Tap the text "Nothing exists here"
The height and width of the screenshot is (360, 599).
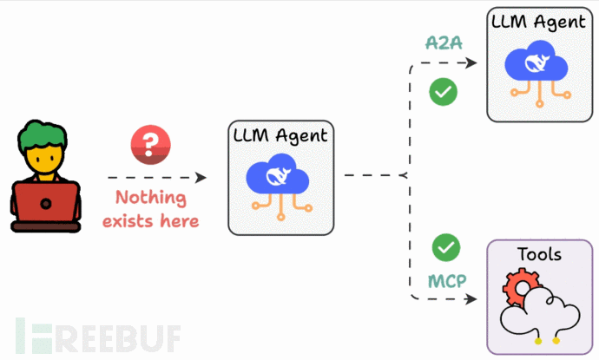[x=150, y=208]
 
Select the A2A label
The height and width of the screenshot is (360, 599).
[x=443, y=43]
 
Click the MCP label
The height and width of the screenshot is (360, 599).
[x=447, y=281]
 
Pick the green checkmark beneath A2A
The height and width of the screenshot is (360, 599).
[x=444, y=92]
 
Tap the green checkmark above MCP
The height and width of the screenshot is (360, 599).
[x=446, y=248]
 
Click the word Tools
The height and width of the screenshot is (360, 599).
[x=539, y=254]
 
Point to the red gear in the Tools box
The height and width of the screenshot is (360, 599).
[x=518, y=290]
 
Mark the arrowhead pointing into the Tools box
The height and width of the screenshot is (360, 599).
[x=472, y=300]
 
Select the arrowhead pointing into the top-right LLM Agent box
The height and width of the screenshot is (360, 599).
[x=471, y=63]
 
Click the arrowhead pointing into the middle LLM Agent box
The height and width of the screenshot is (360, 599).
[x=202, y=178]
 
